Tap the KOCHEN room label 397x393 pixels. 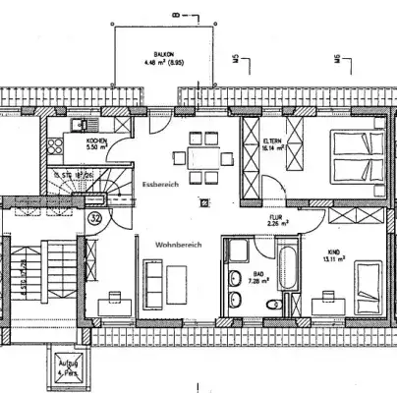point(96,144)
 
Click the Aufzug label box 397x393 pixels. point(69,367)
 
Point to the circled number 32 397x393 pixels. point(95,217)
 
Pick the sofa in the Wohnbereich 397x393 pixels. point(152,280)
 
